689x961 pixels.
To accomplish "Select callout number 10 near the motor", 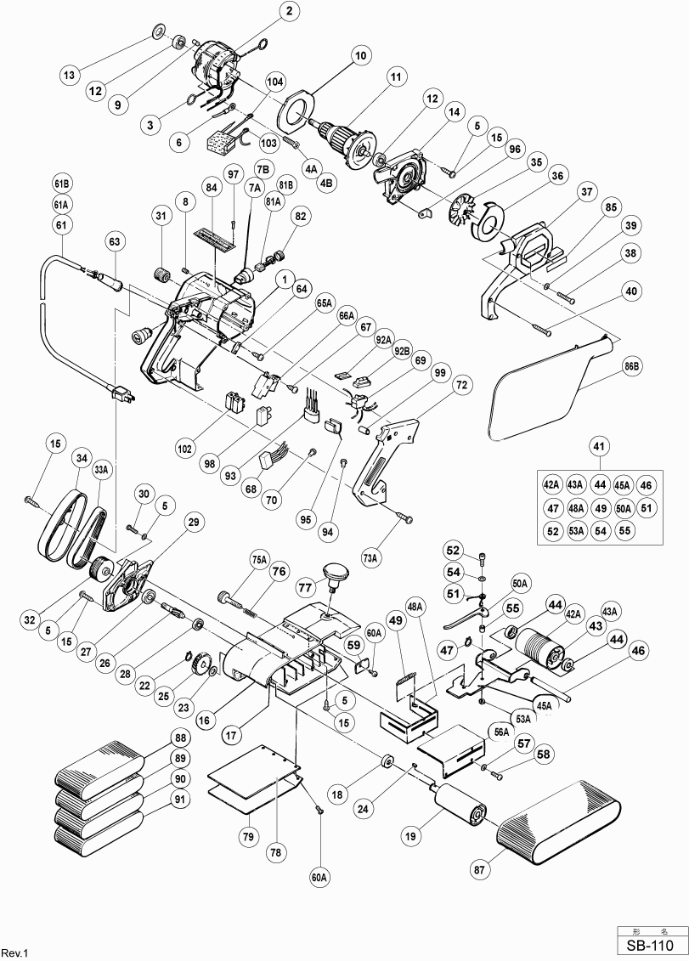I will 360,55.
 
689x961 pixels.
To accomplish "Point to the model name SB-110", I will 650,945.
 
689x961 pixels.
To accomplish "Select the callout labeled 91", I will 179,798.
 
